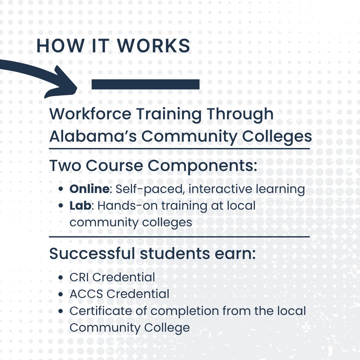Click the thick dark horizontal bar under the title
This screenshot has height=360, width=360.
[x=145, y=84]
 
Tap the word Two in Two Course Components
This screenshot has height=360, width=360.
[x=65, y=166]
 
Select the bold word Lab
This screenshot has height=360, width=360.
[x=80, y=206]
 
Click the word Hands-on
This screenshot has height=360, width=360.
[x=128, y=206]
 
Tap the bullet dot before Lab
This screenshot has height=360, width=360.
[x=61, y=206]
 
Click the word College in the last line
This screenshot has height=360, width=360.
[x=167, y=328]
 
